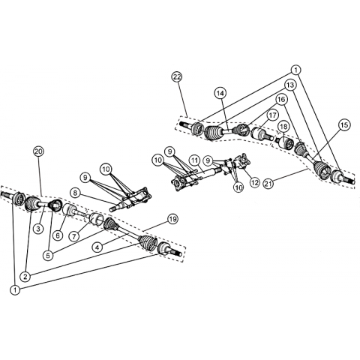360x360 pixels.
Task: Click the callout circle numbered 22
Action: pyautogui.click(x=177, y=77)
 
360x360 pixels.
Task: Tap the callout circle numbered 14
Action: pyautogui.click(x=220, y=93)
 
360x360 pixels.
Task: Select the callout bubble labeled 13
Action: pyautogui.click(x=290, y=85)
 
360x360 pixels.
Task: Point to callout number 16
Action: pyautogui.click(x=281, y=100)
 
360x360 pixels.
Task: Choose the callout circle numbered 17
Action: pyautogui.click(x=272, y=115)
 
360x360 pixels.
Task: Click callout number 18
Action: pyautogui.click(x=284, y=127)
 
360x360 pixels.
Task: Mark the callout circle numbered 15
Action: pyautogui.click(x=344, y=124)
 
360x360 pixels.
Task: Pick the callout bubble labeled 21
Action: pyautogui.click(x=268, y=184)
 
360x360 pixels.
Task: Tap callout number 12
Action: pyautogui.click(x=255, y=182)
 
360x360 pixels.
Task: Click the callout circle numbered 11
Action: pyautogui.click(x=194, y=160)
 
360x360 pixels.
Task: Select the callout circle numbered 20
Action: pyautogui.click(x=38, y=151)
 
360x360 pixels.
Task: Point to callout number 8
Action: pyautogui.click(x=76, y=193)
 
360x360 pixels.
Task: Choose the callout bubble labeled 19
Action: pyautogui.click(x=172, y=219)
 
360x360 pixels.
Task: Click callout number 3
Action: pyautogui.click(x=38, y=229)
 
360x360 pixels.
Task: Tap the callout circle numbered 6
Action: pyautogui.click(x=58, y=235)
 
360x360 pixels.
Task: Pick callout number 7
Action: pyautogui.click(x=74, y=236)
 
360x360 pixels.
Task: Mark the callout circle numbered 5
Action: pyautogui.click(x=48, y=256)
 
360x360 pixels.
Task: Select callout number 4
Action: pyautogui.click(x=97, y=247)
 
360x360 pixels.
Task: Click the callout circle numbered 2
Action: pyautogui.click(x=25, y=277)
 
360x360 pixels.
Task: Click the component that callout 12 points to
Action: pyautogui.click(x=243, y=160)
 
